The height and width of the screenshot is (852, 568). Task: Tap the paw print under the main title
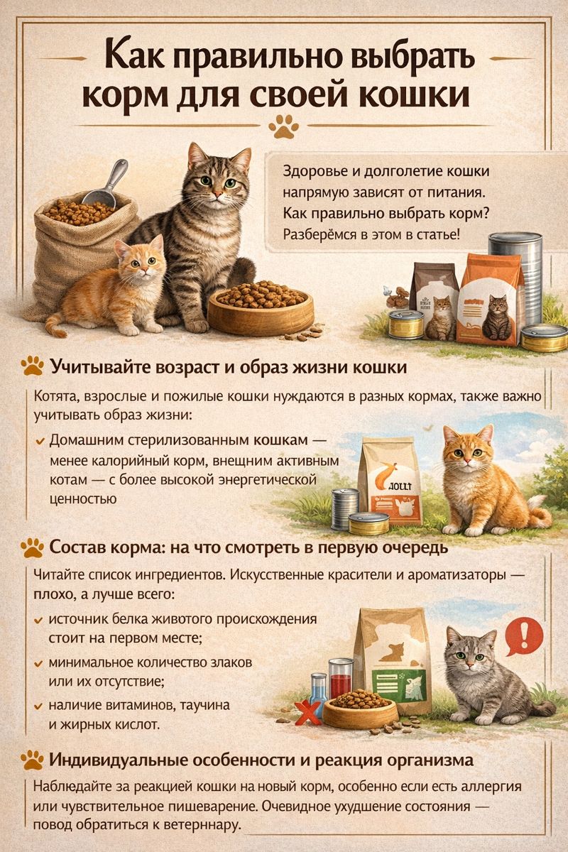pos(283,126)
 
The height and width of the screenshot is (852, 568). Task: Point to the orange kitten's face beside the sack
pos(141,258)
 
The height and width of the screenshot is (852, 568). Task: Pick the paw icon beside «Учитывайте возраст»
pos(33,366)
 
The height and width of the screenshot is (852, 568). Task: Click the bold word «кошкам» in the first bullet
pos(280,440)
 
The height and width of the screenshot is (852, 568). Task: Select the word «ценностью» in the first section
pos(83,499)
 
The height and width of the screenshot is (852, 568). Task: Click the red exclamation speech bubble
pos(523,635)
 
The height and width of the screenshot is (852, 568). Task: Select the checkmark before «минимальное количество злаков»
pos(38,664)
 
